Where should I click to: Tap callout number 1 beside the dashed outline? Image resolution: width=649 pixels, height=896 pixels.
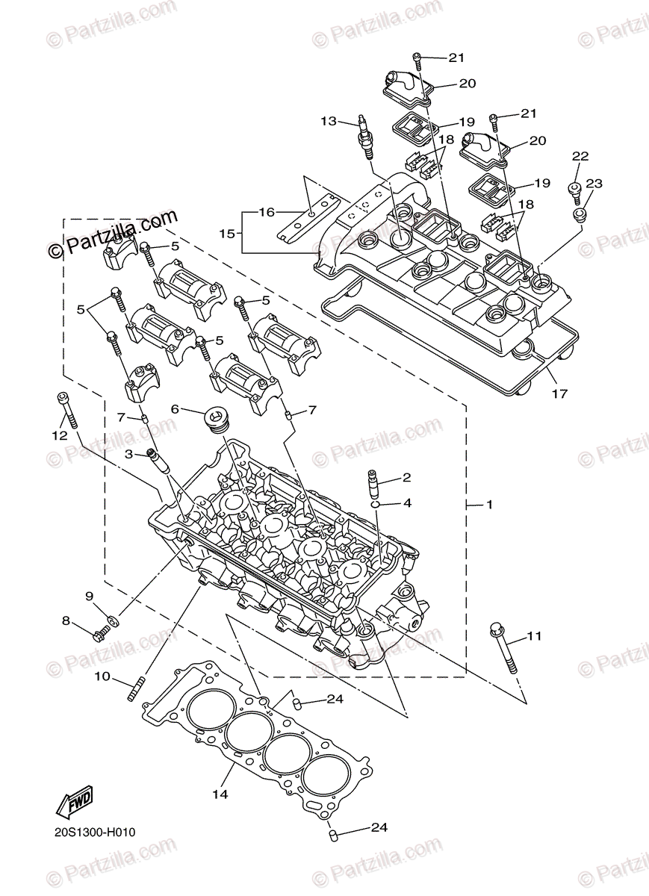point(489,505)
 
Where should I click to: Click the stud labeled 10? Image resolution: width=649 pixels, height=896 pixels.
point(135,688)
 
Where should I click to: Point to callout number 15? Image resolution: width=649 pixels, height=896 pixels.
point(229,233)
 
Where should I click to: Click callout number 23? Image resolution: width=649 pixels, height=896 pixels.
point(594,183)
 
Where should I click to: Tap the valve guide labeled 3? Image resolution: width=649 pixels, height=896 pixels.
point(157,464)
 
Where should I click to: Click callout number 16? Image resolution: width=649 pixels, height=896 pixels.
point(267,212)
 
